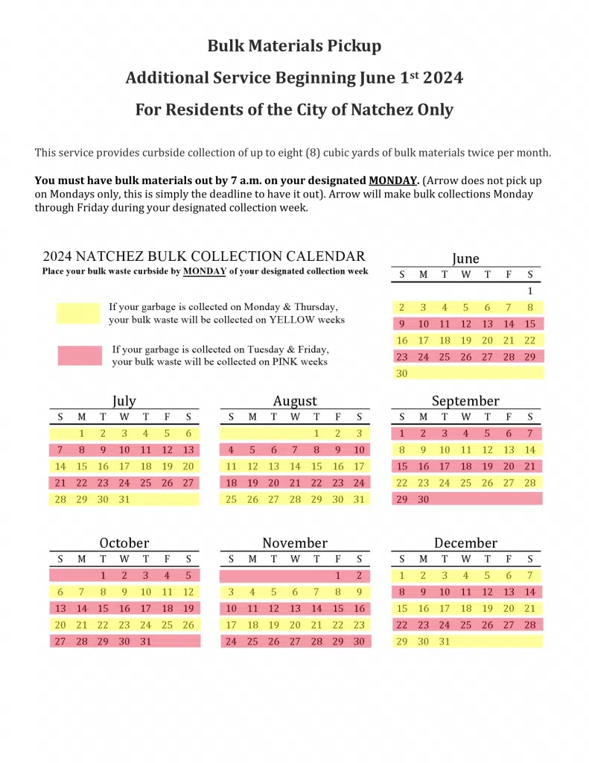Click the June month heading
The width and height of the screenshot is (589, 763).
[x=465, y=259]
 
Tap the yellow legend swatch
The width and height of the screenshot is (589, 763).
[x=78, y=313]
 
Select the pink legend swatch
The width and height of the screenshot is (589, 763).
[x=79, y=355]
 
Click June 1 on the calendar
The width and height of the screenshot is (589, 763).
[x=530, y=291]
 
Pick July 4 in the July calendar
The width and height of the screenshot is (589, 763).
[x=146, y=433]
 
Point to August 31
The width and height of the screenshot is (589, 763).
[x=360, y=499]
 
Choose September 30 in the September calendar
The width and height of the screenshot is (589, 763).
[x=424, y=499]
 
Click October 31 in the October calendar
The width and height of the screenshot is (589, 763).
[x=146, y=641]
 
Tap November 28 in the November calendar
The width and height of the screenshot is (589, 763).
[x=316, y=641]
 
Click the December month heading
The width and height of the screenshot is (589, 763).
[x=465, y=542]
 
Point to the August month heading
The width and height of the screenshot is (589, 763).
[x=295, y=401]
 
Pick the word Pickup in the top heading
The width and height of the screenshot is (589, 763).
[x=353, y=45]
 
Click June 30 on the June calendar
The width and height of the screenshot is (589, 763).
[x=402, y=373]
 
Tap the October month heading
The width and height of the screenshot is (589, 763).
[x=124, y=542]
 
